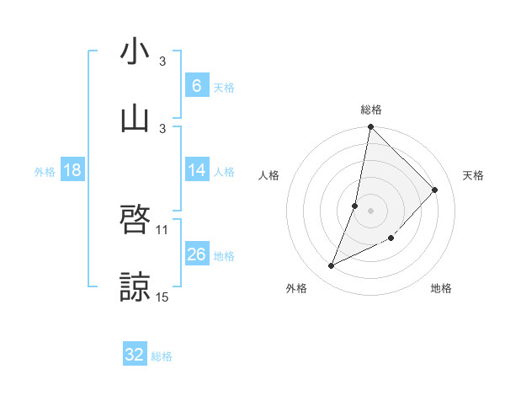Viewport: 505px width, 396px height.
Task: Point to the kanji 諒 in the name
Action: pyautogui.click(x=135, y=287)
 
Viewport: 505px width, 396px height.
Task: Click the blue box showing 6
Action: pyautogui.click(x=196, y=86)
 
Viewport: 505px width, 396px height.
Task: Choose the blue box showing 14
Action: pyautogui.click(x=196, y=171)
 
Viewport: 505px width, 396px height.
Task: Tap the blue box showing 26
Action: pyautogui.click(x=196, y=255)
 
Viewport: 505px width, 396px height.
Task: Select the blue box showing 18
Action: pyautogui.click(x=72, y=171)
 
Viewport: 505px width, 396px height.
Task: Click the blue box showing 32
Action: pyautogui.click(x=135, y=355)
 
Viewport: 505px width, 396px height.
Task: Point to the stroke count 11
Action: pyautogui.click(x=162, y=229)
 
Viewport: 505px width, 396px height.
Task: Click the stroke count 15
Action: pyautogui.click(x=162, y=297)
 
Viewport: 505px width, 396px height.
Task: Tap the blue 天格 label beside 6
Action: pyautogui.click(x=224, y=87)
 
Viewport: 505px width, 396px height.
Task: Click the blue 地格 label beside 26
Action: pyautogui.click(x=224, y=256)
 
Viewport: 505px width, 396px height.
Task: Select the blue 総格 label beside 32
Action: pyautogui.click(x=162, y=356)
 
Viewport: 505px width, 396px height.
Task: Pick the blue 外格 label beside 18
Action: pyautogui.click(x=45, y=172)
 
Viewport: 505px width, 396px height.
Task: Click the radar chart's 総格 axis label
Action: pyautogui.click(x=371, y=110)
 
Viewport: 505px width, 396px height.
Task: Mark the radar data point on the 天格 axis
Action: pyautogui.click(x=435, y=190)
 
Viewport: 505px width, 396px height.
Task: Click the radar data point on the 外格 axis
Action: pyautogui.click(x=332, y=266)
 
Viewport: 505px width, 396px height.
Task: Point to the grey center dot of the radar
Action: pyautogui.click(x=371, y=210)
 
